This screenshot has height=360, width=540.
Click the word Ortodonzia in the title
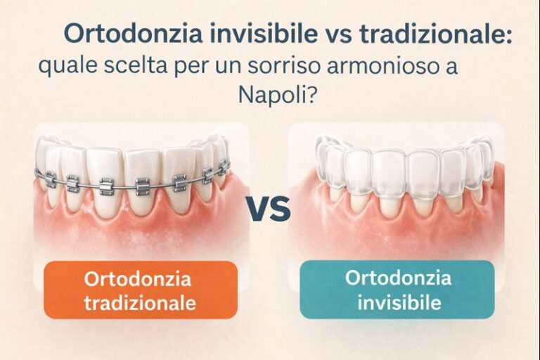coord(133,34)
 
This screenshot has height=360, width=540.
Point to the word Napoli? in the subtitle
coord(277,94)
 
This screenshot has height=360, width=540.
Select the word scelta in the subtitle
coord(135,65)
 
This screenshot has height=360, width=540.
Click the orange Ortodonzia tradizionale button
coord(141,290)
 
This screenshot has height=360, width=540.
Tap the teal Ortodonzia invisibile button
coord(397,290)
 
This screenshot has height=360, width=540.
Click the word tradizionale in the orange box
coord(141,303)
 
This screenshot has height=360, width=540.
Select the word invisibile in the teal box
coord(399,302)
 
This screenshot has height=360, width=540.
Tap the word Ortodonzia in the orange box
coord(137,278)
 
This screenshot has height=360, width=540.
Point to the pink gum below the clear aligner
coord(396,231)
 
